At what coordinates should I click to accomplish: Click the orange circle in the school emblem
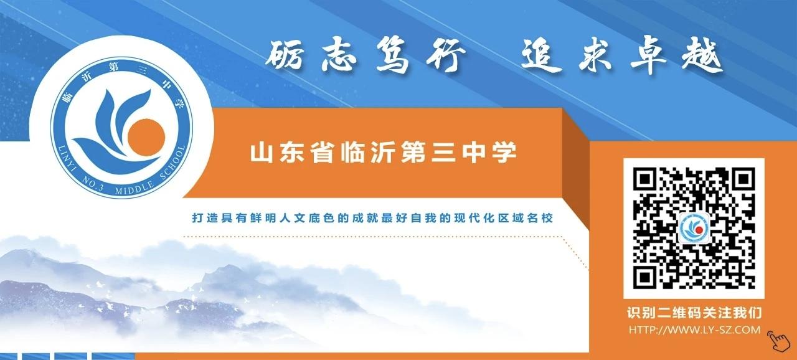pos(146,138)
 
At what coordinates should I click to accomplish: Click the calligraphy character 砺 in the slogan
pos(285,55)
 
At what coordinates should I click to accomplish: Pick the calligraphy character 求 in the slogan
pos(595,57)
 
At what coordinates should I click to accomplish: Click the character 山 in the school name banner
pos(262,153)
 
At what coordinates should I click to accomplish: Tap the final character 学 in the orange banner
pos(504,153)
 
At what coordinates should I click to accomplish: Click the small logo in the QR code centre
pos(694,229)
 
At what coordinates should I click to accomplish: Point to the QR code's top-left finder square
pos(644,179)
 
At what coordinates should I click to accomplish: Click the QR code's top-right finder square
pos(743,179)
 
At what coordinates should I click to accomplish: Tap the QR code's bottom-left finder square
pos(644,277)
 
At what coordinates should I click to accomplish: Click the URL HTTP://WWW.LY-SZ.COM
pos(694,329)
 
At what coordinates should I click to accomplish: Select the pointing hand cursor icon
pos(778,341)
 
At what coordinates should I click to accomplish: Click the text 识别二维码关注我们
pos(694,313)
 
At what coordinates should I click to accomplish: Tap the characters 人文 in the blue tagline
pos(293,218)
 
